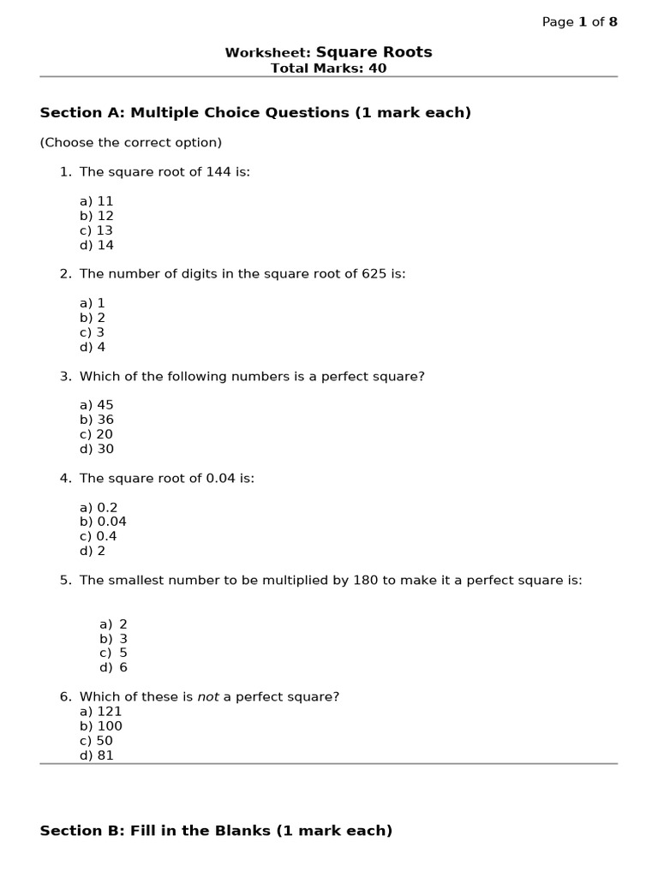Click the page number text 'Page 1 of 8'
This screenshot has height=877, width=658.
pyautogui.click(x=579, y=22)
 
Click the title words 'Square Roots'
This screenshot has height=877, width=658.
pyautogui.click(x=374, y=52)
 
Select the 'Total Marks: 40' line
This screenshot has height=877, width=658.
pyautogui.click(x=328, y=69)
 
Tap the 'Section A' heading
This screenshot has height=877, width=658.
pyautogui.click(x=255, y=113)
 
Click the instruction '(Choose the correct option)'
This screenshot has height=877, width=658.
pyautogui.click(x=130, y=142)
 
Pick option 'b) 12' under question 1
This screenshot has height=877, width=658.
pyautogui.click(x=97, y=216)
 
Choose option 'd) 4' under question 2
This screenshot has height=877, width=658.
pyautogui.click(x=93, y=347)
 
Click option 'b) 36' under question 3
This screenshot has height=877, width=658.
pyautogui.click(x=97, y=420)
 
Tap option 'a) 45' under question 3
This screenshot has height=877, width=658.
pyautogui.click(x=97, y=405)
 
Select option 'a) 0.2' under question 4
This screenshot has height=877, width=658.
pyautogui.click(x=99, y=507)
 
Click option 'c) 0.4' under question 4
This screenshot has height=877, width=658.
pyautogui.click(x=99, y=536)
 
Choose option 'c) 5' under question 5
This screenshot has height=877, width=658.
pyautogui.click(x=113, y=653)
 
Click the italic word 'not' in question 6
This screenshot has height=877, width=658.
pyautogui.click(x=208, y=697)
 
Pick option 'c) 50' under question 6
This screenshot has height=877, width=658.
pyautogui.click(x=97, y=741)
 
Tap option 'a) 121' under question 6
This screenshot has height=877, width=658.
pyautogui.click(x=101, y=712)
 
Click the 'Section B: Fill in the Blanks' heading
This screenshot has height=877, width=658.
pyautogui.click(x=216, y=831)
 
